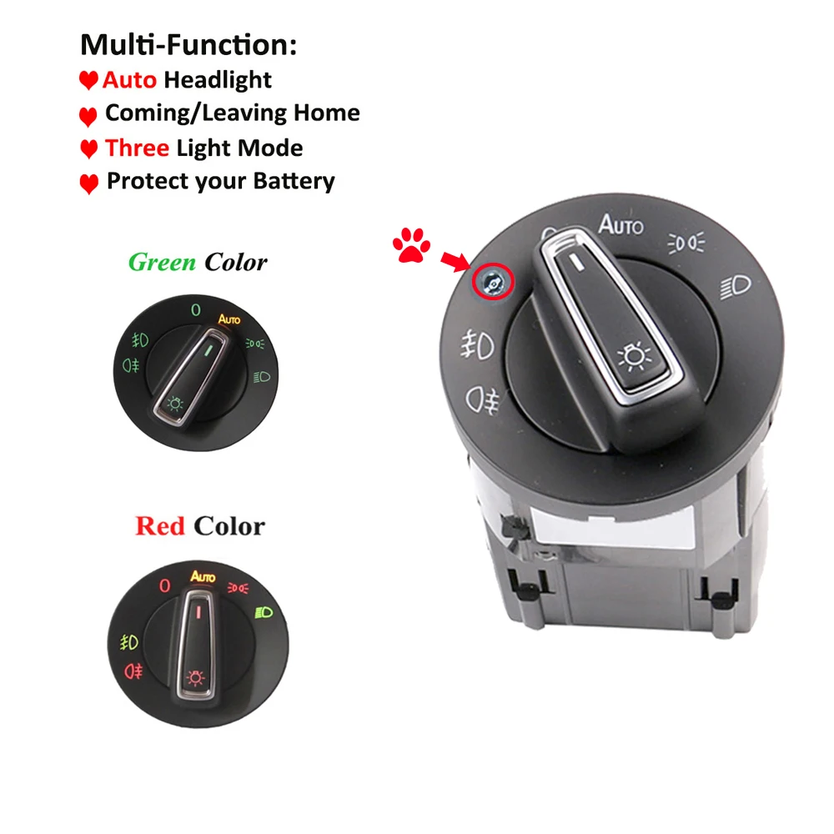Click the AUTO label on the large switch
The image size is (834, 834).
[621, 224]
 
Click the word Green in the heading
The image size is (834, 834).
[163, 263]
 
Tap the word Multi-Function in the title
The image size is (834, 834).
[188, 44]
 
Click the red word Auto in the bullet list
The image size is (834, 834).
[129, 80]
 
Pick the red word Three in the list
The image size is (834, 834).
[137, 148]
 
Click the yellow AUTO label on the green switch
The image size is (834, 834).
[229, 319]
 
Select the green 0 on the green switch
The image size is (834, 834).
[195, 310]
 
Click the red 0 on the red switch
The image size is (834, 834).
[164, 585]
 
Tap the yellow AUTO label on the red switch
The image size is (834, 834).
[203, 576]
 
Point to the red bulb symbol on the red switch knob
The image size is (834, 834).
[197, 676]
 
